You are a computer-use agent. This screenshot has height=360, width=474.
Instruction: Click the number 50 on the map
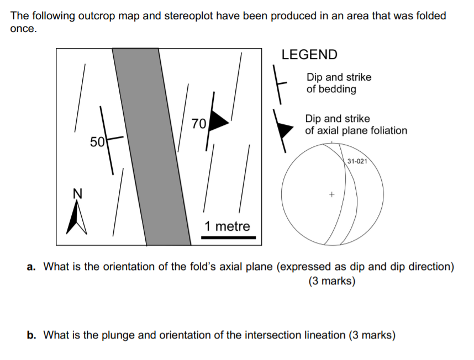coord(97,142)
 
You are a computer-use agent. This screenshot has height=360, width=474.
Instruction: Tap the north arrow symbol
coord(76,217)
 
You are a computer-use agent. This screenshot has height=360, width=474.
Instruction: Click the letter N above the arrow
coord(77,193)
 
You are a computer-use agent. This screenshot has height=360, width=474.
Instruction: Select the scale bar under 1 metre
coord(228,237)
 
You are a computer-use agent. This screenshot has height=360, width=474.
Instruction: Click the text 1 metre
coord(227,226)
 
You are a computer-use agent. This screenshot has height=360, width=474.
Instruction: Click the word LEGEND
coord(309,55)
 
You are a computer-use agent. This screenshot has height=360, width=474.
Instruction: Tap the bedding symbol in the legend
coord(281,83)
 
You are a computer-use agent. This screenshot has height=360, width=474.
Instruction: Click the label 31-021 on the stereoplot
coord(358,161)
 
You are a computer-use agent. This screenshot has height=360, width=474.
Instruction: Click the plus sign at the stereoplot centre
coord(331,195)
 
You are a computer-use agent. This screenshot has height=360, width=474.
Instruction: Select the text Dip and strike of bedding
coord(339,83)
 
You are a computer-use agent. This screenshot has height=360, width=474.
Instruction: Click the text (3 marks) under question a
coord(332,281)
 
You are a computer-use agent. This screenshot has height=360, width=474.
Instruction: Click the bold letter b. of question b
coord(33,335)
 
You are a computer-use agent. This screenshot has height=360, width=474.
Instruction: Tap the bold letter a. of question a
coord(33,267)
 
